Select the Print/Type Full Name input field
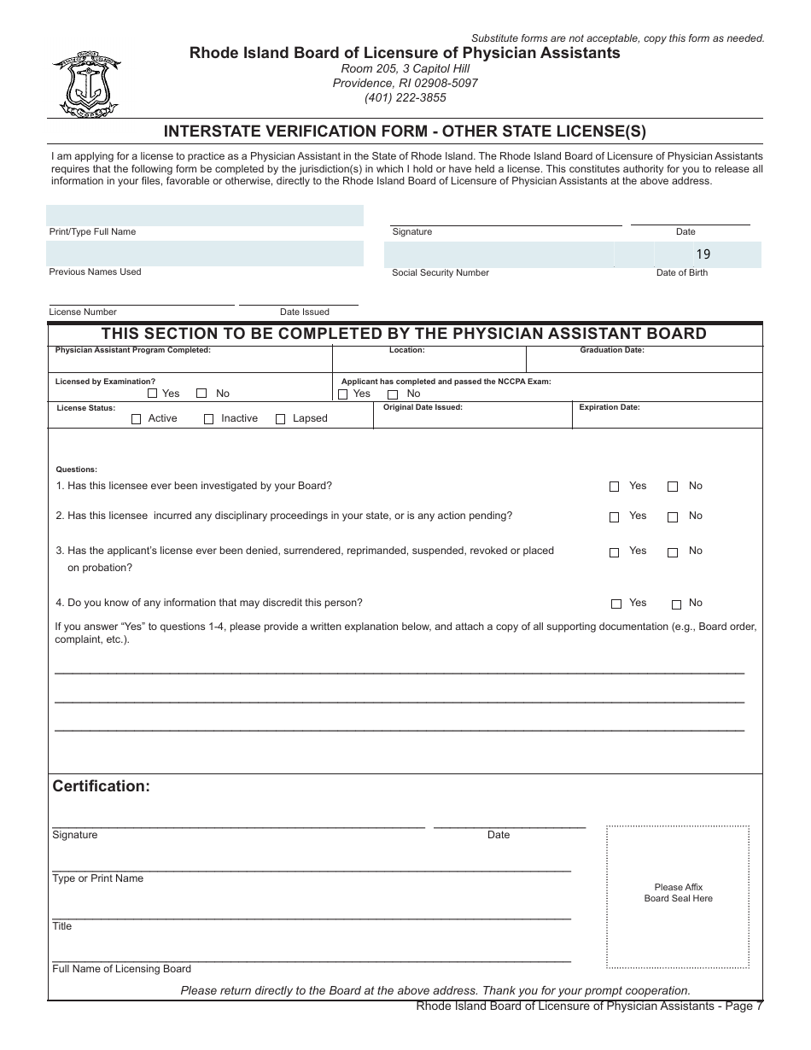(x=205, y=215)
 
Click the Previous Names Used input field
(x=205, y=254)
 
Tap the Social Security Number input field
(x=499, y=254)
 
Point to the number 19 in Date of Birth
(x=703, y=254)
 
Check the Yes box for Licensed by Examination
(x=153, y=394)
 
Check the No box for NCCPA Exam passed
(x=394, y=394)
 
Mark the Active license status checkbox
(x=137, y=419)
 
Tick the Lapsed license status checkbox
(x=281, y=419)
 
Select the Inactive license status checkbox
(x=209, y=419)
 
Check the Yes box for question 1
(x=615, y=487)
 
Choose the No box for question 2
(x=673, y=517)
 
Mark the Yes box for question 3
(x=615, y=552)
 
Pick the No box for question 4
(x=676, y=604)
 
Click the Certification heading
(x=102, y=786)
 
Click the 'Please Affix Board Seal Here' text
(x=678, y=893)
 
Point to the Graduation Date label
(x=612, y=350)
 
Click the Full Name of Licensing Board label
(x=122, y=969)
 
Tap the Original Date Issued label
(x=423, y=407)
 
